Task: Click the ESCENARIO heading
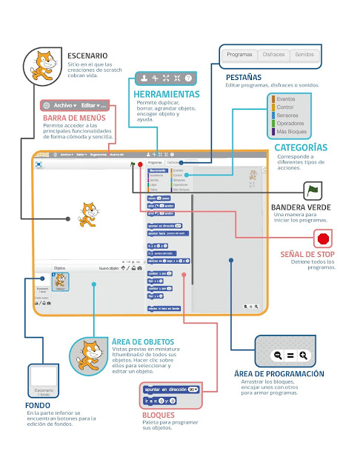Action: pos(87,56)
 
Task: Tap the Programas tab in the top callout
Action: pos(240,55)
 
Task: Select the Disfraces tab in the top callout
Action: pos(273,55)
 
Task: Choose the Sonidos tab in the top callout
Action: pos(304,55)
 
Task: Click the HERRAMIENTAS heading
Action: pos(167,95)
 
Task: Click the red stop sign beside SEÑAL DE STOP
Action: pos(323,239)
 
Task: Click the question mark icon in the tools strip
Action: pos(188,78)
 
